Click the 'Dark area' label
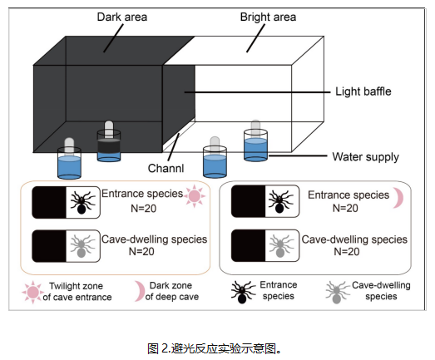click(122, 17)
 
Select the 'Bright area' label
click(268, 17)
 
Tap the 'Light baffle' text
click(363, 91)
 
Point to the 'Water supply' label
click(366, 157)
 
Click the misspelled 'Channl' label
click(166, 168)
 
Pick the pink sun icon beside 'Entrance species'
click(194, 196)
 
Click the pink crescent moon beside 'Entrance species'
click(399, 198)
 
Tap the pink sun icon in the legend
click(33, 292)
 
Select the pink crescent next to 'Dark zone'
click(140, 291)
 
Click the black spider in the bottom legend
click(242, 293)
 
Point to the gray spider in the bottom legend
click(337, 293)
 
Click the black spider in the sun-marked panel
click(82, 202)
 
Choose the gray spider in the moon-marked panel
click(281, 245)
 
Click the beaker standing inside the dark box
click(109, 141)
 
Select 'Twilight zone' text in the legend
click(76, 286)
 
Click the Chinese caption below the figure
click(214, 348)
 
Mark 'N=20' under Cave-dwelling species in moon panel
click(347, 252)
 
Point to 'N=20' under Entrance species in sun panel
click(143, 209)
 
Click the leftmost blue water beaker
click(69, 159)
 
